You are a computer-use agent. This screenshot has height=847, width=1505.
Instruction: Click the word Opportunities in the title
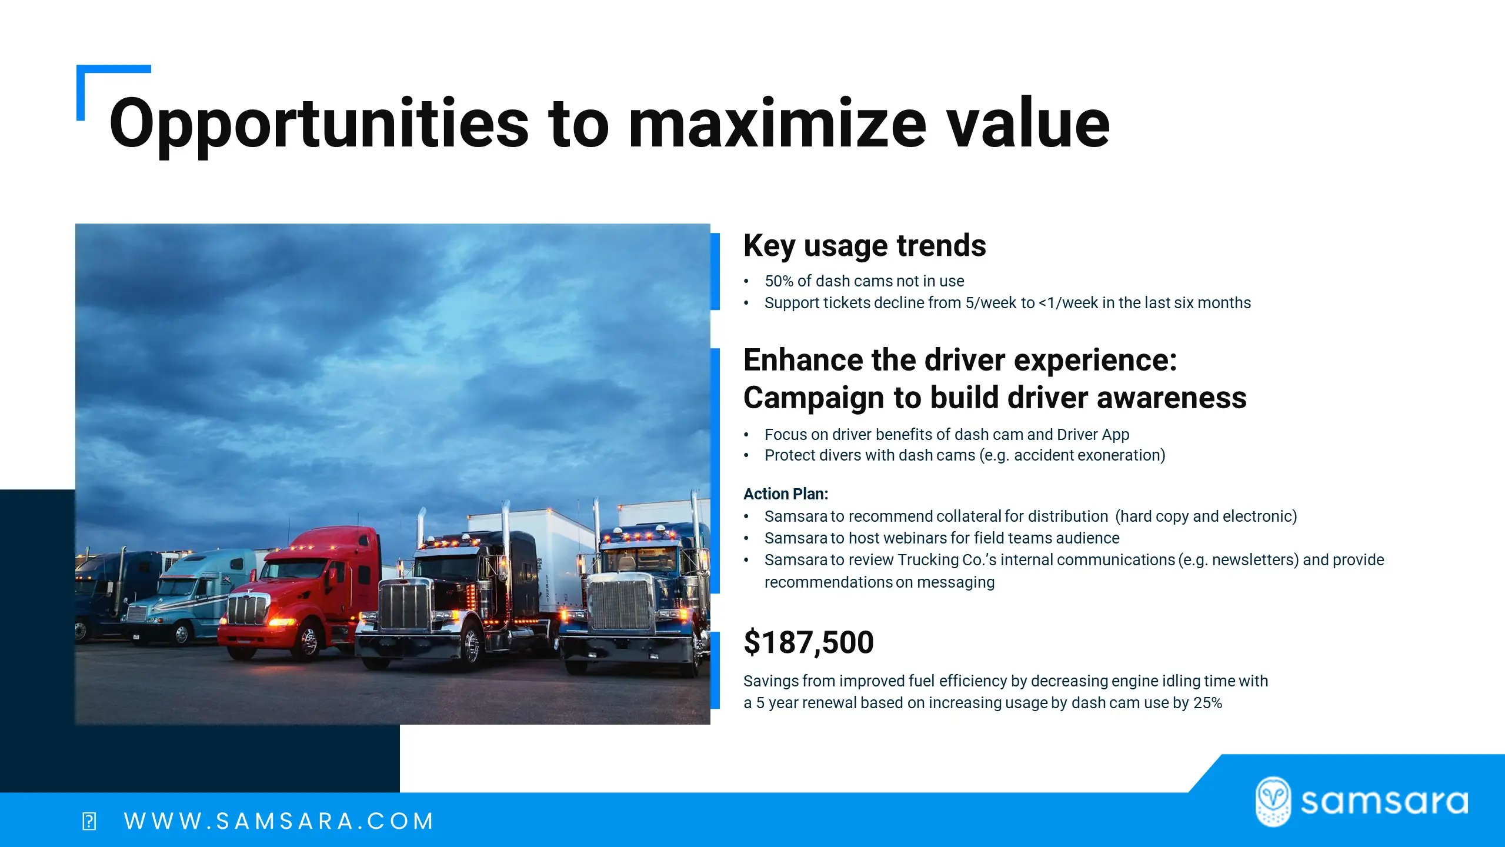pos(319,125)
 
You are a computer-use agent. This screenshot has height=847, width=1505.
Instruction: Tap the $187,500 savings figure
pos(809,642)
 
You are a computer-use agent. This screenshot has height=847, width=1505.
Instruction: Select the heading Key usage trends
pos(865,246)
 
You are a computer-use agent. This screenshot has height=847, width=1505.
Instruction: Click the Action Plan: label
pos(786,494)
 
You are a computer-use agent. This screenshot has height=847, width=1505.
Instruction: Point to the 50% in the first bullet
pos(779,281)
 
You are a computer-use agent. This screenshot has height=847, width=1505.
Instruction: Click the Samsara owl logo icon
pos(1273,801)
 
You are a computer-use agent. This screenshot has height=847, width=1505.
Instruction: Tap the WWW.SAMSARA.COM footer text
pos(279,821)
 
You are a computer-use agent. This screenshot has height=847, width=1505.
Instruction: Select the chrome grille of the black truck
pos(405,606)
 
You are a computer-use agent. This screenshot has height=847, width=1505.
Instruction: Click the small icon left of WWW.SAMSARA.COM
pos(89,821)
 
